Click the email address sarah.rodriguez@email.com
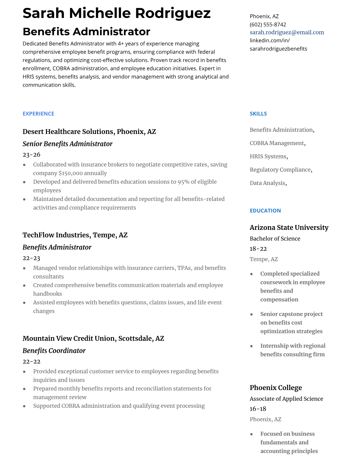tap(287, 32)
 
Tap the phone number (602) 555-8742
tap(268, 24)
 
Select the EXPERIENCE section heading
tap(38, 114)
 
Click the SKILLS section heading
tap(258, 114)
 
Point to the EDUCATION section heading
tap(265, 211)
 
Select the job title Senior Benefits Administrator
tap(67, 144)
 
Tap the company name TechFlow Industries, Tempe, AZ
tap(75, 235)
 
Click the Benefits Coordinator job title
tap(54, 351)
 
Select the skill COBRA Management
tap(277, 143)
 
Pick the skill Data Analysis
tap(267, 183)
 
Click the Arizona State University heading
tap(289, 227)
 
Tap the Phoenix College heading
tap(276, 388)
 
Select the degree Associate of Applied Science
tap(286, 399)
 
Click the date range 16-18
tap(258, 409)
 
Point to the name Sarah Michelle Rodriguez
tap(116, 13)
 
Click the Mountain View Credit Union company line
tap(93, 338)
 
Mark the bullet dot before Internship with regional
tap(251, 346)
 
